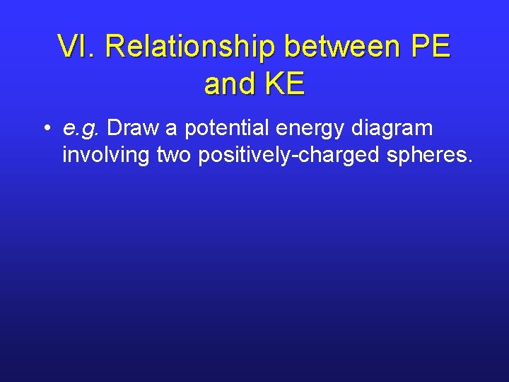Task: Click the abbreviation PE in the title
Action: pyautogui.click(x=429, y=47)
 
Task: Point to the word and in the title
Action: pyautogui.click(x=230, y=84)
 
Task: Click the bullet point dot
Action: pyautogui.click(x=45, y=129)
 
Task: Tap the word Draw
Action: pyautogui.click(x=134, y=129)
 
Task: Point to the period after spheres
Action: pyautogui.click(x=469, y=161)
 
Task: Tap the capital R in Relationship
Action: pyautogui.click(x=117, y=47)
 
